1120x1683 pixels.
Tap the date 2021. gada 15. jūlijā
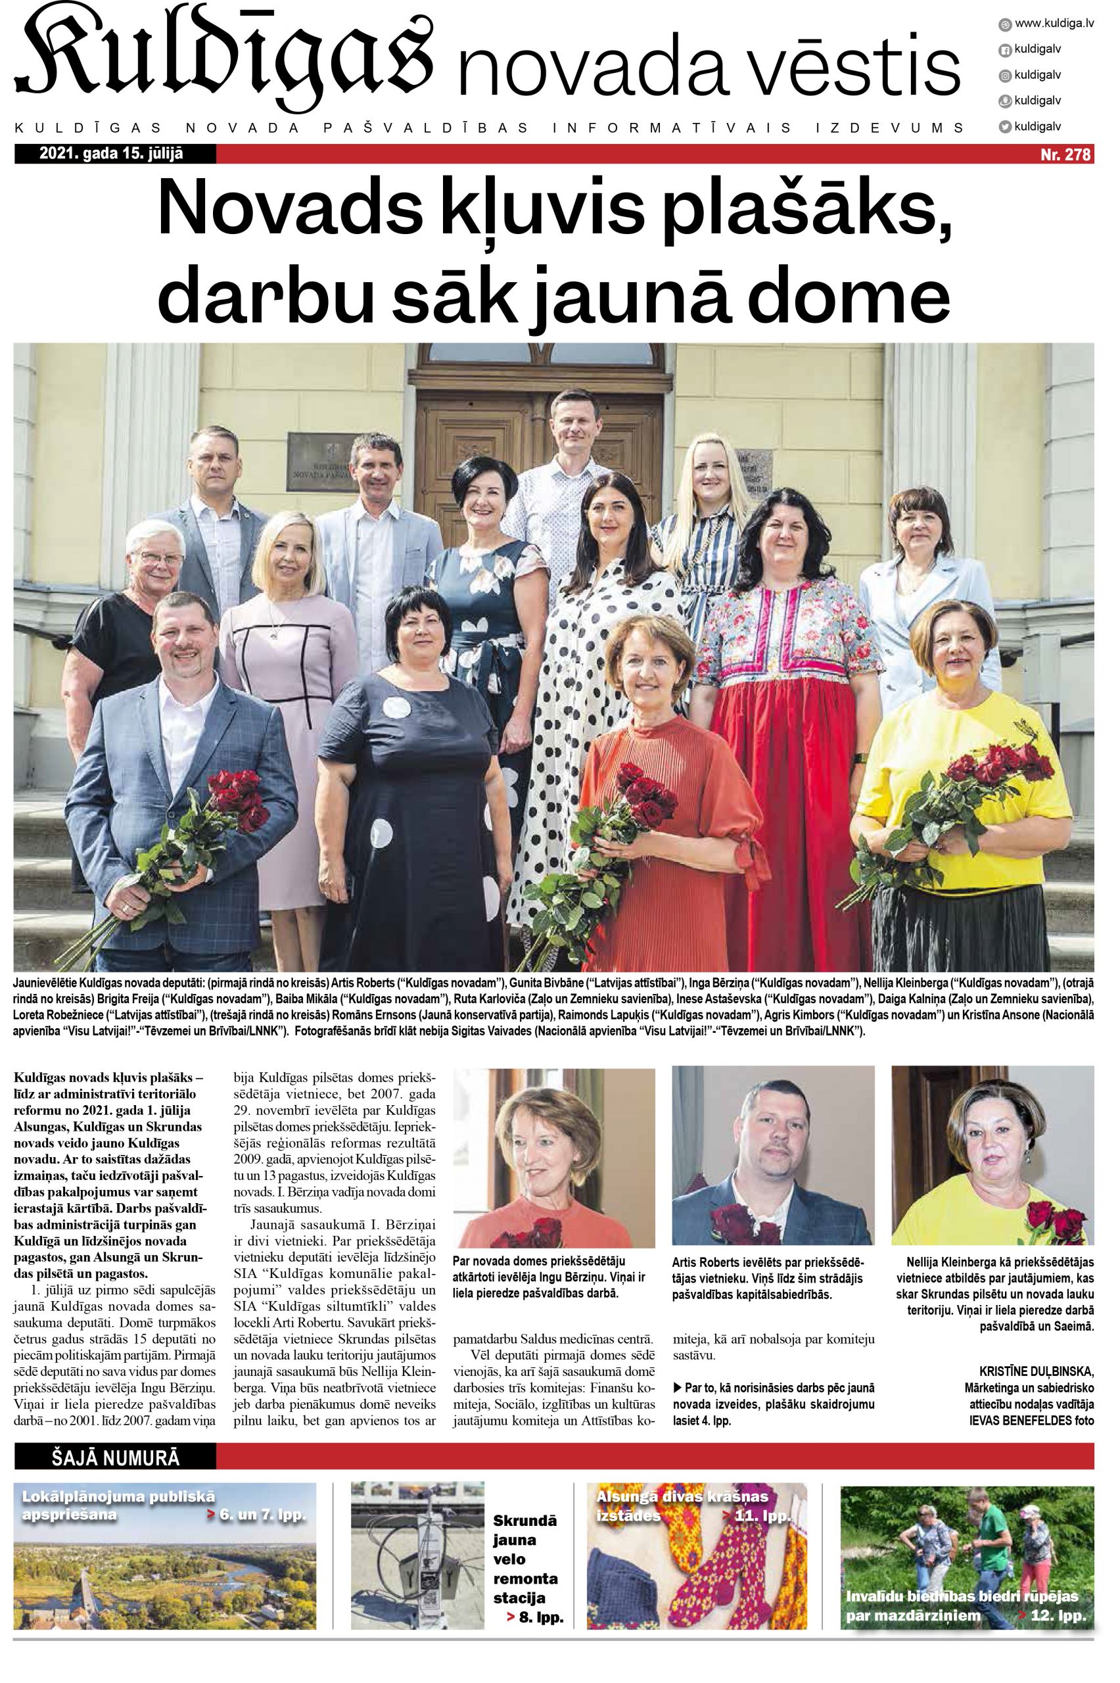point(112,154)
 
